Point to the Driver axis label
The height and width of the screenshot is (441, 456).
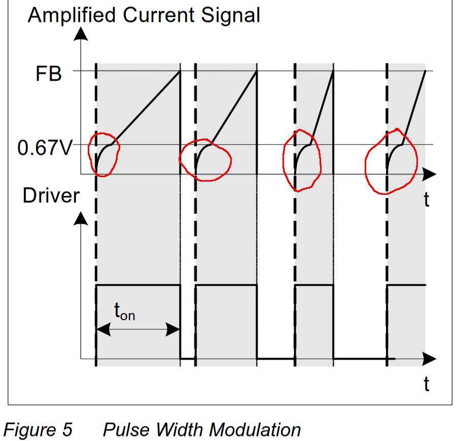pos(51,196)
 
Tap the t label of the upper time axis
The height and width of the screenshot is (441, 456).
pos(427,199)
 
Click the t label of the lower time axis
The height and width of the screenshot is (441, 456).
pos(427,384)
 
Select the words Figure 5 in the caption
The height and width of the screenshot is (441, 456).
pos(38,430)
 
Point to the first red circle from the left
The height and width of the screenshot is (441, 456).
pos(103,154)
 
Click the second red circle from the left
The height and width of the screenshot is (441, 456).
pos(205,160)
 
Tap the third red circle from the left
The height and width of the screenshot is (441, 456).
pos(302,160)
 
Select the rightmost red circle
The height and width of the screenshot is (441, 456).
pos(391,161)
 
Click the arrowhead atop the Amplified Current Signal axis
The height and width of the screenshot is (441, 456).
pos(80,33)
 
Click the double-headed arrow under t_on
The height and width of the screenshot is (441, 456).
pos(138,330)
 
